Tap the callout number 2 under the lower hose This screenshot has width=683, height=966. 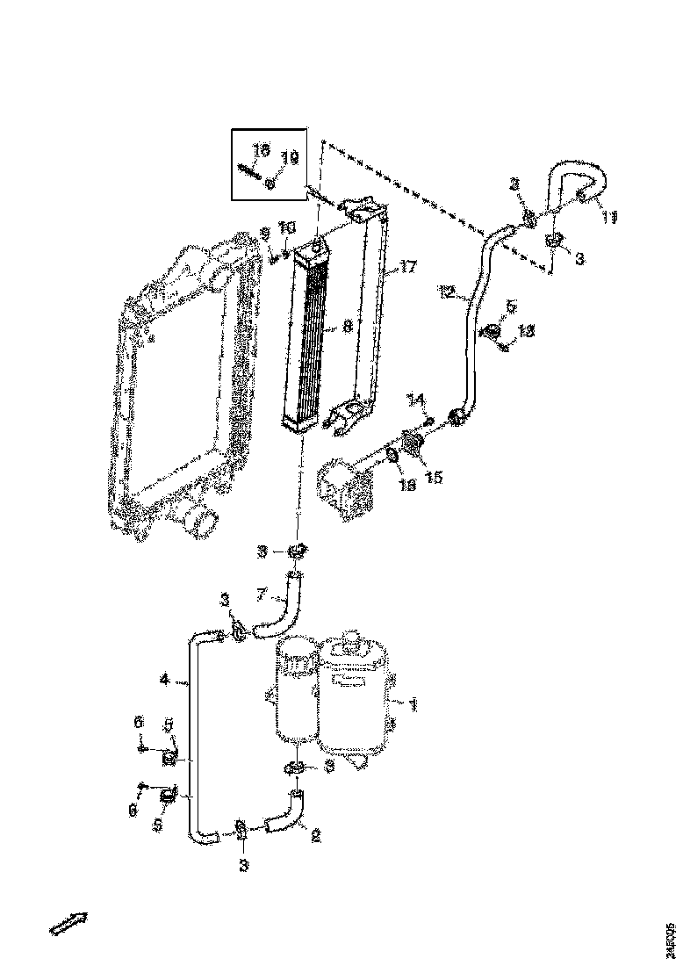(x=314, y=837)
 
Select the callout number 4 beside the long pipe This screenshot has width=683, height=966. (x=164, y=679)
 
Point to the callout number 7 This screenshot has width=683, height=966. (x=261, y=595)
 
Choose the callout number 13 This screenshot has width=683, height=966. (x=525, y=331)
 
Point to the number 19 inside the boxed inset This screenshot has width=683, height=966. (x=289, y=158)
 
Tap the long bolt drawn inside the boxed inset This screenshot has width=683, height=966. (x=252, y=172)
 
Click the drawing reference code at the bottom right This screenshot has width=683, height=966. (x=670, y=939)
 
